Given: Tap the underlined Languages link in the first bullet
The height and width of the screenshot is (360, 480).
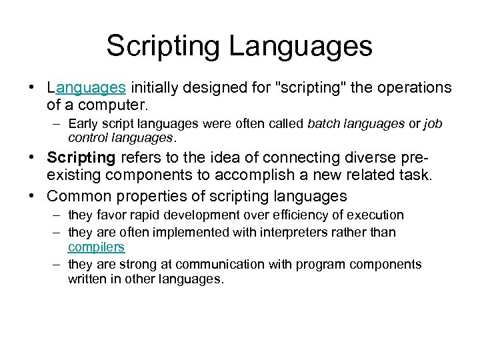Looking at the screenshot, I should tap(86, 87).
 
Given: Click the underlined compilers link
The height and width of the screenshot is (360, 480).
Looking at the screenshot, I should tap(96, 247).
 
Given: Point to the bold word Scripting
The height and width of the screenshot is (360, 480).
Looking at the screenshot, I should tap(81, 158).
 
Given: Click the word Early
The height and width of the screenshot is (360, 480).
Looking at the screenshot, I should tap(82, 123).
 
